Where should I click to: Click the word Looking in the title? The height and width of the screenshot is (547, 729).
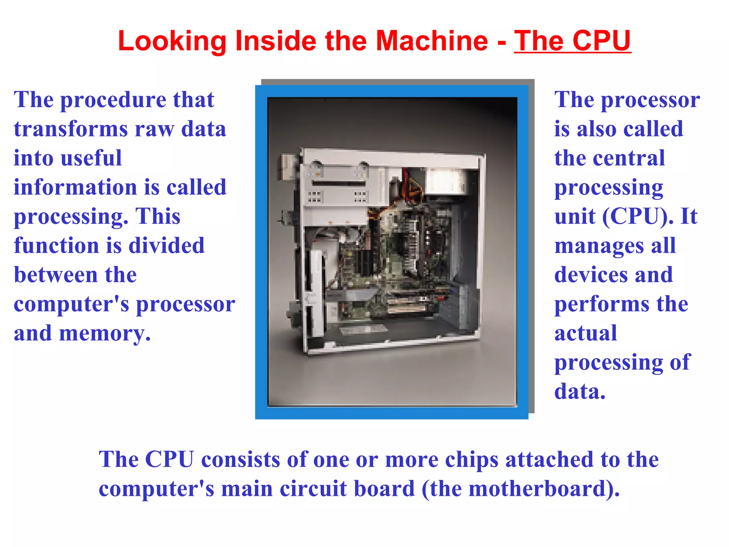point(172,41)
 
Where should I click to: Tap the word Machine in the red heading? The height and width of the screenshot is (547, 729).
point(432,41)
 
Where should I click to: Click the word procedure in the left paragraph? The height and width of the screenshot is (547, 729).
point(113,100)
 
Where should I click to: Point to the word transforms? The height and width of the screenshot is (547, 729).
point(71,129)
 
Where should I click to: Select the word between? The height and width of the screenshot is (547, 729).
point(56,275)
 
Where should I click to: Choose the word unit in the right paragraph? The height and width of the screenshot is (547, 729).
point(575,217)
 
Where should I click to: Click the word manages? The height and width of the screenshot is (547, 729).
point(599,246)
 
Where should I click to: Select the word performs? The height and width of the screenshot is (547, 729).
point(602,304)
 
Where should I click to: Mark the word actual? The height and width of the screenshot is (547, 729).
point(586,333)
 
